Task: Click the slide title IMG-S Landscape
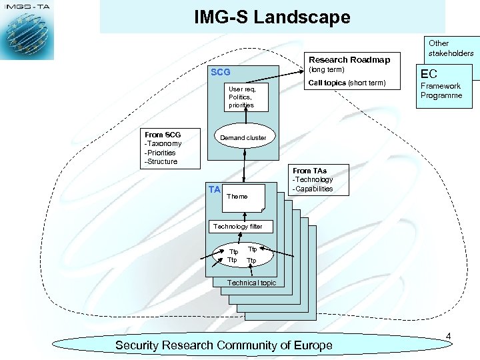(x=272, y=17)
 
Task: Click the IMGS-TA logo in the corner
(x=27, y=30)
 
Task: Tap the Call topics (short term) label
(x=347, y=83)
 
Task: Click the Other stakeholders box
(x=451, y=48)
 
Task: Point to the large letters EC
(x=428, y=74)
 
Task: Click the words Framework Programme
(x=441, y=91)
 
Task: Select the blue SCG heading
(x=220, y=72)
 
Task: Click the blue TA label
(x=214, y=189)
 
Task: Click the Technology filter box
(x=237, y=227)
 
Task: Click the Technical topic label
(x=251, y=283)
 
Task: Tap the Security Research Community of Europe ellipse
(x=224, y=345)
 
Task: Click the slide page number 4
(x=449, y=336)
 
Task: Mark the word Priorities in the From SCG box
(x=162, y=153)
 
